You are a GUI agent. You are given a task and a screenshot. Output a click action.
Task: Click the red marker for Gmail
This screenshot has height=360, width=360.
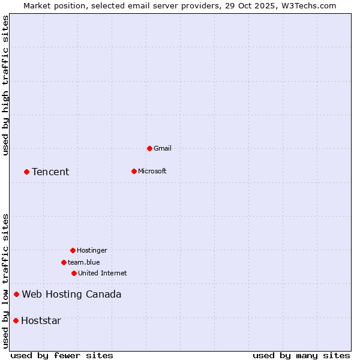(x=149, y=148)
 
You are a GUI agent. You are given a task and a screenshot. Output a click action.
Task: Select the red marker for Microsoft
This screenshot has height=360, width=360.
(x=134, y=171)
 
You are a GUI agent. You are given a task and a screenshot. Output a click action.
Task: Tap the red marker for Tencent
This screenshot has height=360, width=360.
(x=26, y=172)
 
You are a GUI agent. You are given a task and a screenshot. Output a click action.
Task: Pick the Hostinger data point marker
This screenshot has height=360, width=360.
(x=73, y=250)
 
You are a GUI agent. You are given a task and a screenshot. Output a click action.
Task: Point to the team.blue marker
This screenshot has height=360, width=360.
(x=64, y=262)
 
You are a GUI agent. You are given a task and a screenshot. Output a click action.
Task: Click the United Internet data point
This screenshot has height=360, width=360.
(x=74, y=273)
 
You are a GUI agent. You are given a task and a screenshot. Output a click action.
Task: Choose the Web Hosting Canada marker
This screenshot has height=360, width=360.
(x=16, y=294)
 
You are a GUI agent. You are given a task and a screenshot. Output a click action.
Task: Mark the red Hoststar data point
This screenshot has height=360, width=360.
(x=16, y=320)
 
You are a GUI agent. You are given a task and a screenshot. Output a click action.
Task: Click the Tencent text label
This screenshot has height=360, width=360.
(x=50, y=172)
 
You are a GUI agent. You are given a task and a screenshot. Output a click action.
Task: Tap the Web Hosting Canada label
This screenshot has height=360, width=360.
(x=71, y=295)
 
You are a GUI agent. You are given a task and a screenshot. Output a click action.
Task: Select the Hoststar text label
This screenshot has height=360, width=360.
(x=41, y=321)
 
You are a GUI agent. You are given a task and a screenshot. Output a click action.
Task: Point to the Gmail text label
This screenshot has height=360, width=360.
(x=163, y=149)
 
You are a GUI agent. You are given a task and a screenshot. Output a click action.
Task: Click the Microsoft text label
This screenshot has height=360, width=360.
(x=152, y=172)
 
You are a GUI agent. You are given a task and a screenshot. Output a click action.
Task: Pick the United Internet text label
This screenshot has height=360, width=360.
(x=103, y=274)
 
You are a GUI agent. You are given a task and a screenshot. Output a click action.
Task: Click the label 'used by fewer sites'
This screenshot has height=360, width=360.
(x=62, y=356)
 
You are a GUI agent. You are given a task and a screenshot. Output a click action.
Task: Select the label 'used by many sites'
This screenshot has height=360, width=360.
(x=301, y=356)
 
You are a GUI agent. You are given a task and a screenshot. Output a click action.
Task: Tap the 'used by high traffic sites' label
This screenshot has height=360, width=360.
(x=6, y=86)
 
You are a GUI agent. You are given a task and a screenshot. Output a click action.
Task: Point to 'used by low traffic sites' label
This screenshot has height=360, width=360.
(x=6, y=281)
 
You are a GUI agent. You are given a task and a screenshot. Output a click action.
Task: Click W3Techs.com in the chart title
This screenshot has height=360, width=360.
(x=307, y=5)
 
